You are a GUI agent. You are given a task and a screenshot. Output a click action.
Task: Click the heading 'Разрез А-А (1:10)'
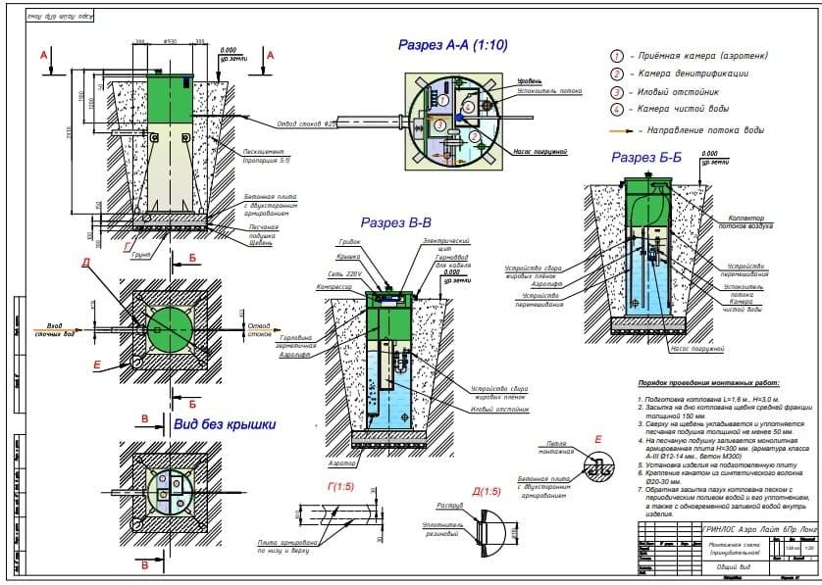pyautogui.click(x=452, y=45)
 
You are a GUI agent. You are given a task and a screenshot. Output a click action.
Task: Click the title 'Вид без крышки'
pyautogui.click(x=224, y=424)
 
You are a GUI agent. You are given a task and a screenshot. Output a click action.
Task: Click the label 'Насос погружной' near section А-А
pyautogui.click(x=540, y=153)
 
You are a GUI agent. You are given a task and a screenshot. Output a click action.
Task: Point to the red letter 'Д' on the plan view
pyautogui.click(x=86, y=263)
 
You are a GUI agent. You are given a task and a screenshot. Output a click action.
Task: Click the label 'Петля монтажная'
pyautogui.click(x=556, y=447)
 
